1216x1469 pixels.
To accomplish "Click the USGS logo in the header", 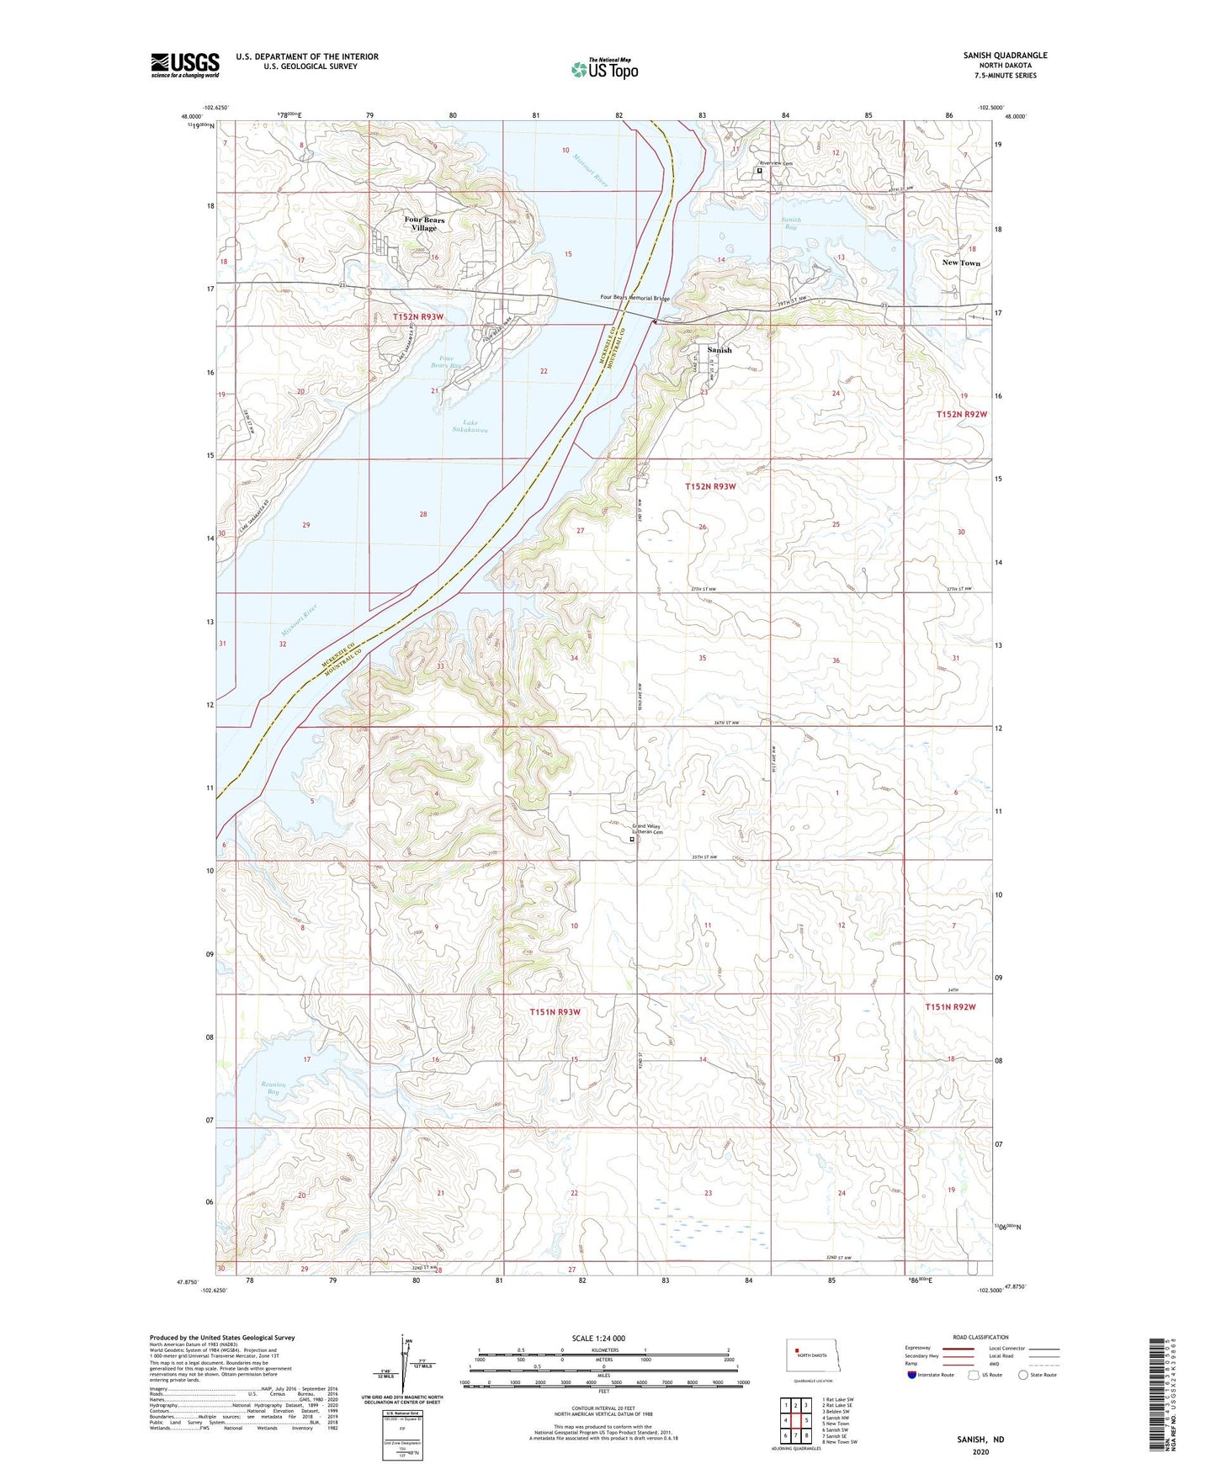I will pyautogui.click(x=185, y=65).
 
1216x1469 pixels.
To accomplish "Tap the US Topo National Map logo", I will pyautogui.click(x=604, y=69).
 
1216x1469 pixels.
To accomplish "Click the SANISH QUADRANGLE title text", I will pyautogui.click(x=1005, y=56).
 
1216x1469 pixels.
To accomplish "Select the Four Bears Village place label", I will pyautogui.click(x=424, y=224).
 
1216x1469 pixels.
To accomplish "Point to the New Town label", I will pyautogui.click(x=961, y=263).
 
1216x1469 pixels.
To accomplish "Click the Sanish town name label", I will pyautogui.click(x=720, y=350).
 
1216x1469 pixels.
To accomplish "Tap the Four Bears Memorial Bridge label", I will pyautogui.click(x=635, y=297).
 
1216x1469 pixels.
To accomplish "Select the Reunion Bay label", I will pyautogui.click(x=273, y=1088).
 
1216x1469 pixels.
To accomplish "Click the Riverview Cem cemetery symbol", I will pyautogui.click(x=759, y=171).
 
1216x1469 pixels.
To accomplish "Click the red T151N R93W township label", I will pyautogui.click(x=555, y=1012).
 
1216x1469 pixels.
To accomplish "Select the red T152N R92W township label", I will pyautogui.click(x=961, y=415).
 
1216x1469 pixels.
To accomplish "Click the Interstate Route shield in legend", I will pyautogui.click(x=912, y=1375).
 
